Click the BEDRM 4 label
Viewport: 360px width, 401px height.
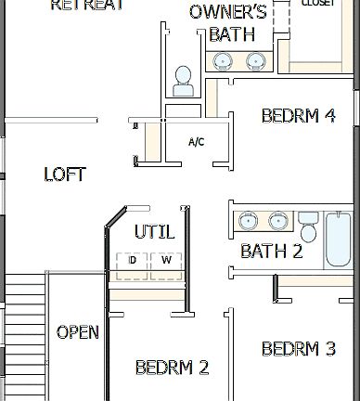pyautogui.click(x=298, y=116)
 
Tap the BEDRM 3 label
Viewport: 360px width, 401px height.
pyautogui.click(x=298, y=349)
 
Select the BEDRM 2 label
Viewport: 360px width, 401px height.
pyautogui.click(x=172, y=367)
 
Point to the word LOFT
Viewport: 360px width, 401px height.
pyautogui.click(x=65, y=174)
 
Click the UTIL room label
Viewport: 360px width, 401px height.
pyautogui.click(x=154, y=231)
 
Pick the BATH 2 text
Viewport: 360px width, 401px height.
pyautogui.click(x=271, y=251)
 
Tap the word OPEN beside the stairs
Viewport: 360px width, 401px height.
pyautogui.click(x=78, y=332)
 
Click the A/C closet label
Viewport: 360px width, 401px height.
pyautogui.click(x=196, y=142)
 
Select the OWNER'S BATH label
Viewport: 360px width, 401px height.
pyautogui.click(x=228, y=23)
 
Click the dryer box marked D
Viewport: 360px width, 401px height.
pyautogui.click(x=133, y=261)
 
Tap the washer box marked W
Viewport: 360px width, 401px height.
pyautogui.click(x=167, y=261)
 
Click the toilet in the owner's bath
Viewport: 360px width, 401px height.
pyautogui.click(x=183, y=79)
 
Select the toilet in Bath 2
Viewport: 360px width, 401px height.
pyautogui.click(x=308, y=226)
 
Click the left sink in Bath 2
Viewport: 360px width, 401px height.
pyautogui.click(x=248, y=222)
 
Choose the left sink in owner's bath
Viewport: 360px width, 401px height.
pyautogui.click(x=224, y=61)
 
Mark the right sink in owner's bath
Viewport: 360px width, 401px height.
pyautogui.click(x=255, y=61)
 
